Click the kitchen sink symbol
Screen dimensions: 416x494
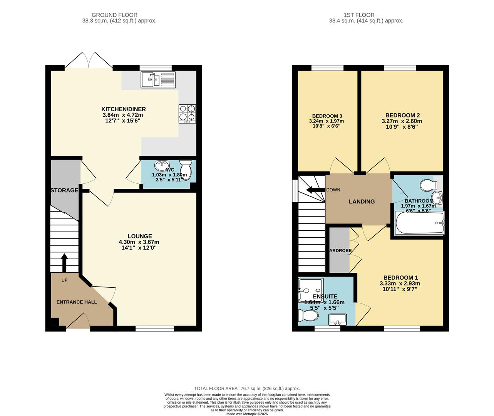(x=158, y=80)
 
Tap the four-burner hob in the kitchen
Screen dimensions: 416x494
(x=187, y=114)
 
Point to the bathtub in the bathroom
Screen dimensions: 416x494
(x=420, y=223)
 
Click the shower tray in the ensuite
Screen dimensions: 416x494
(x=311, y=290)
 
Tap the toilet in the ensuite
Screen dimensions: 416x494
(x=308, y=316)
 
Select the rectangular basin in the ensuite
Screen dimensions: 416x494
(x=338, y=319)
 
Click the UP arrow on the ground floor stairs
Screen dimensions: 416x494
(x=64, y=263)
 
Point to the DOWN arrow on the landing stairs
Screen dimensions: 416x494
(x=314, y=190)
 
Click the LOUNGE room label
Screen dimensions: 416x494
(x=140, y=236)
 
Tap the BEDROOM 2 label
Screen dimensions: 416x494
(x=402, y=115)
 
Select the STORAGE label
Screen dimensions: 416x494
(x=65, y=190)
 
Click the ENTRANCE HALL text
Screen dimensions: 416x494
(x=77, y=302)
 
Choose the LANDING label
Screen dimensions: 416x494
(x=362, y=201)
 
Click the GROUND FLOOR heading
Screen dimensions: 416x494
(x=119, y=15)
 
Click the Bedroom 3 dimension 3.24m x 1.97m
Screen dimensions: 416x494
(x=327, y=121)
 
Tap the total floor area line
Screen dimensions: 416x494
(x=247, y=389)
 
